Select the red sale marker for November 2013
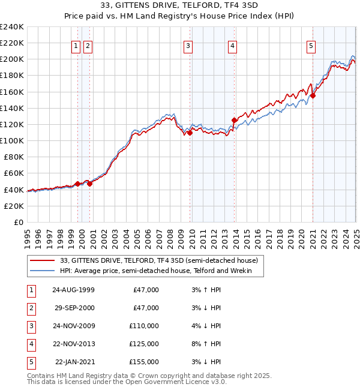point(234,121)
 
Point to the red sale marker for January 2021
point(313,95)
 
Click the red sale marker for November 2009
point(190,133)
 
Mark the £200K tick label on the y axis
point(11,59)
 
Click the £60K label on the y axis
point(14,173)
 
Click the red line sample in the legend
point(42,260)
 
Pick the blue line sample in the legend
point(42,271)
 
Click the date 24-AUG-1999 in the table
point(74,290)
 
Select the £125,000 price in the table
point(144,344)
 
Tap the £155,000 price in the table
point(144,362)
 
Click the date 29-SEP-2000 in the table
point(74,308)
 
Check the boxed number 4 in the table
point(31,344)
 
